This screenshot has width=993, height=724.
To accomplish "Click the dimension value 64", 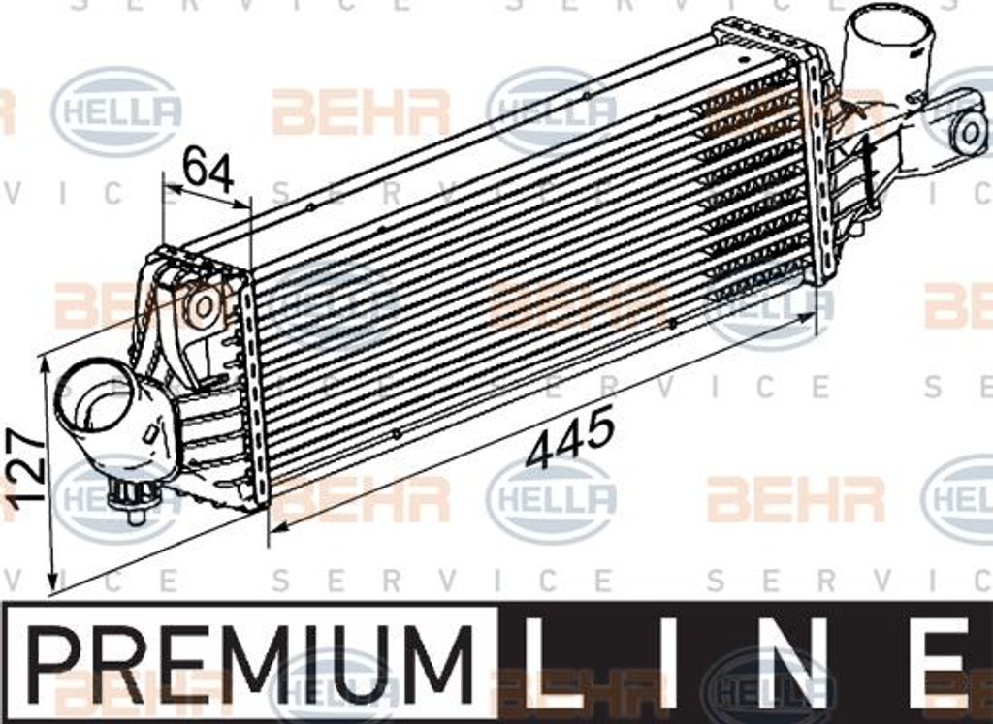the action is point(208,169).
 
